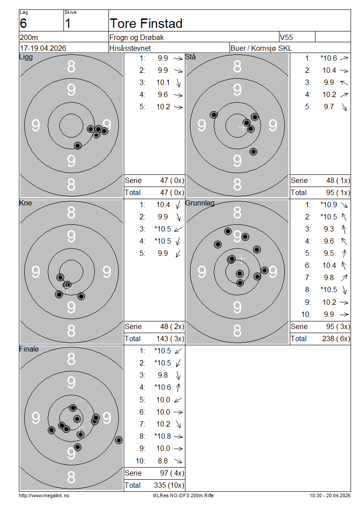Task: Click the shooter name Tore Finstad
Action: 146,23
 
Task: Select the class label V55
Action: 286,37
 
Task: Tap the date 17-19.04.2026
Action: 43,48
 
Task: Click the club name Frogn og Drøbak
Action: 136,38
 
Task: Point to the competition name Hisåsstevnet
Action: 130,48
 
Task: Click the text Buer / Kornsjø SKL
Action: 261,48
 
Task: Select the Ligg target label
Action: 26,57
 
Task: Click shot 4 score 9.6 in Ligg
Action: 163,94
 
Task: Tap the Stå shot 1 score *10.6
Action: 328,58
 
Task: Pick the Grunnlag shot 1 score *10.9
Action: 328,205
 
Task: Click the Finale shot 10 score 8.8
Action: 163,461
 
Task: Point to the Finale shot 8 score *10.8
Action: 162,437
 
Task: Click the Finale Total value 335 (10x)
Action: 169,486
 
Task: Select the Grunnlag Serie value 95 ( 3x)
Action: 338,326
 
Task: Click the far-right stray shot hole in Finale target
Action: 119,440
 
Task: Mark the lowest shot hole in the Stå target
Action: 253,152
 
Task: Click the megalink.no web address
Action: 44,495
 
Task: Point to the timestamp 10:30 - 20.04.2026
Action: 330,495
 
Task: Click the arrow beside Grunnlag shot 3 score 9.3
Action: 344,229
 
